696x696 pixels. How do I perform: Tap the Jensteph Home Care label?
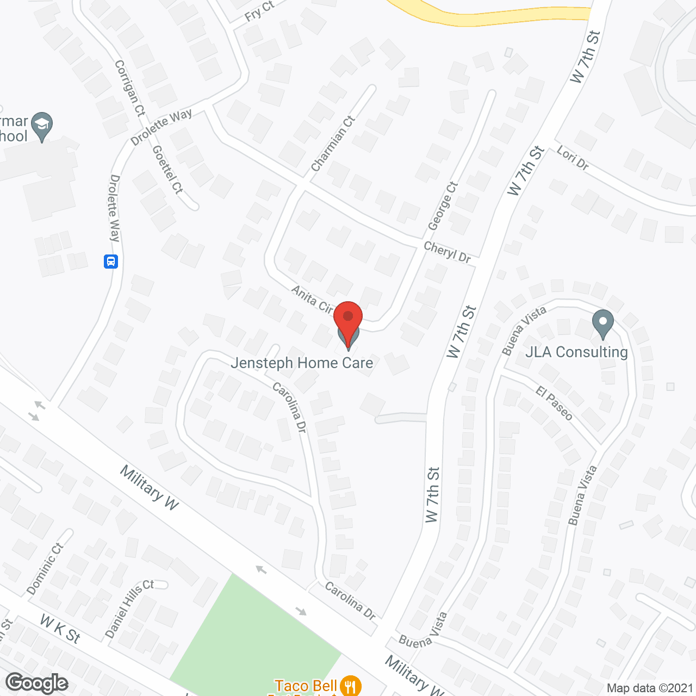pyautogui.click(x=302, y=363)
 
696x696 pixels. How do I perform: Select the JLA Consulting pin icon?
pyautogui.click(x=602, y=324)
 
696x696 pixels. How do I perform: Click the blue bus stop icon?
pyautogui.click(x=111, y=262)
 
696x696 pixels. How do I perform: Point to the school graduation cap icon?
pyautogui.click(x=42, y=126)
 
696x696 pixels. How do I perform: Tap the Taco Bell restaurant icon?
pyautogui.click(x=351, y=686)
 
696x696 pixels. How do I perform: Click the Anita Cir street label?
pyautogui.click(x=312, y=300)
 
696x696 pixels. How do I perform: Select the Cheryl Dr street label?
pyautogui.click(x=447, y=253)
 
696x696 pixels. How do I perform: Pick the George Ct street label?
pyautogui.click(x=443, y=206)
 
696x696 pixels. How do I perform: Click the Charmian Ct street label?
pyautogui.click(x=333, y=144)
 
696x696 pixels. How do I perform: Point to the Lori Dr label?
pyautogui.click(x=573, y=158)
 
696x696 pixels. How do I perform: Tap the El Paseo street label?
pyautogui.click(x=554, y=403)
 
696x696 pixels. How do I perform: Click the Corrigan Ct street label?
pyautogui.click(x=130, y=88)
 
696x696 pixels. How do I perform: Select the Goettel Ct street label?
pyautogui.click(x=167, y=170)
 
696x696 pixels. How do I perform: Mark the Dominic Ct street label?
pyautogui.click(x=45, y=569)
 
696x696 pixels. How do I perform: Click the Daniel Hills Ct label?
pyautogui.click(x=129, y=608)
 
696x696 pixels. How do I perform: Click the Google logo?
pyautogui.click(x=37, y=683)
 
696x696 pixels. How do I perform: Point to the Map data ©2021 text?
pyautogui.click(x=650, y=688)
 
